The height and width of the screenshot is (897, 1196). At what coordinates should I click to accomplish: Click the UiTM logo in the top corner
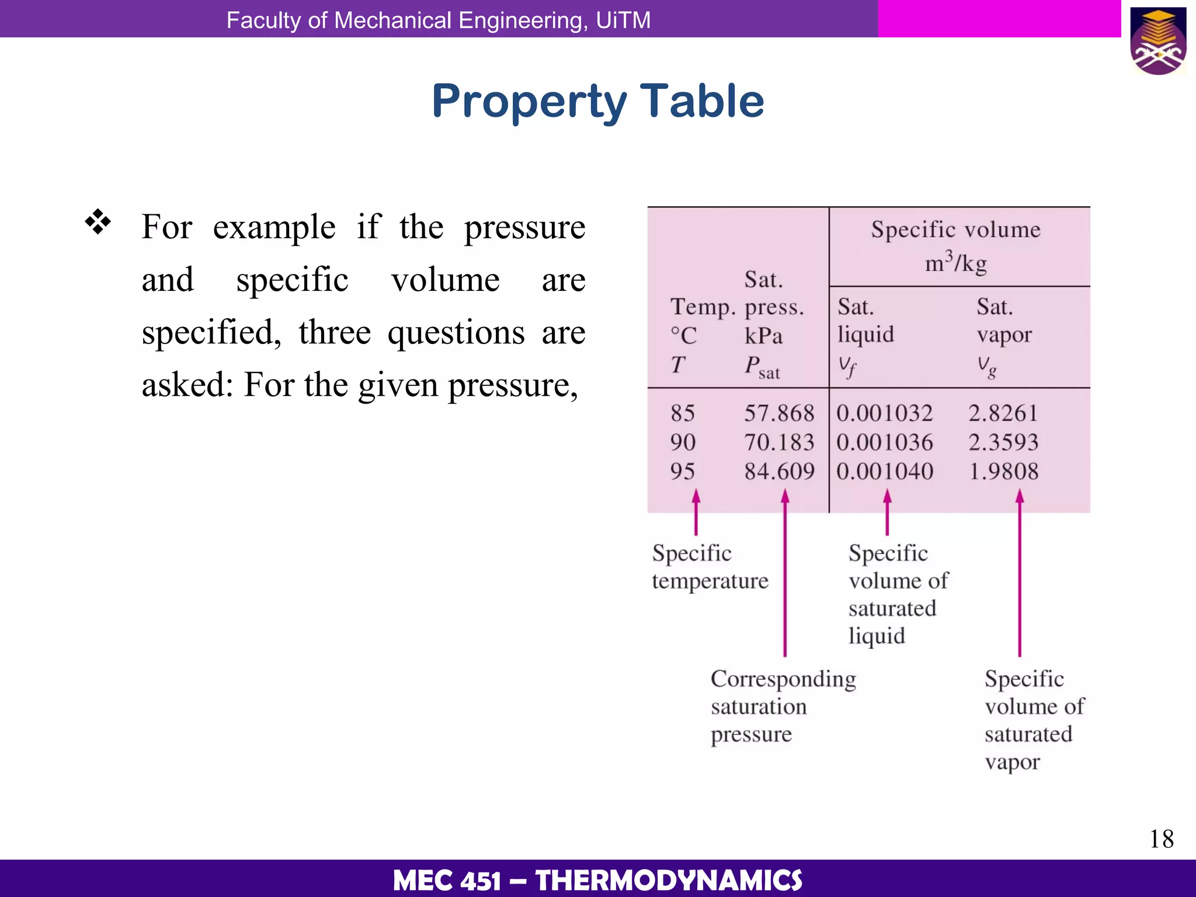tap(1159, 41)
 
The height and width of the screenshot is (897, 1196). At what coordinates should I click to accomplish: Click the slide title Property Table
tap(597, 102)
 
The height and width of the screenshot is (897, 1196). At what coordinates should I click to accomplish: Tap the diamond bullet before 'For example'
tap(98, 222)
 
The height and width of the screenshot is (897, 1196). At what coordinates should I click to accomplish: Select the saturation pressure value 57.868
tap(778, 413)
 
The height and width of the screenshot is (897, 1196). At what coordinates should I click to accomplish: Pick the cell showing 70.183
tap(778, 443)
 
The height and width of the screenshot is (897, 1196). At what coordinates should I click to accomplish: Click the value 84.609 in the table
tap(778, 471)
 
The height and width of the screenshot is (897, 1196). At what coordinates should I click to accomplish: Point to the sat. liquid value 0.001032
tap(884, 413)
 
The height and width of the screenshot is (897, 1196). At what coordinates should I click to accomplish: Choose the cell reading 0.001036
tap(884, 443)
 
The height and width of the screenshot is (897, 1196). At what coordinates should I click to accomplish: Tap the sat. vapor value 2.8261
tap(1003, 413)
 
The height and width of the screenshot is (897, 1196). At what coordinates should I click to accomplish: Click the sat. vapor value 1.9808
tap(1003, 471)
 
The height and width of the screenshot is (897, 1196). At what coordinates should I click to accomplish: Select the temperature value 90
tap(683, 443)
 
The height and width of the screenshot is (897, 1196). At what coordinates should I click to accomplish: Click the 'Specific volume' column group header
tap(955, 230)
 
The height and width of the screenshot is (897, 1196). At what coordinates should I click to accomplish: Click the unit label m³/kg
tap(955, 262)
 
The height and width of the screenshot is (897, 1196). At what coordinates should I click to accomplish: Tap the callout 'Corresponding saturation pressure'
tap(783, 706)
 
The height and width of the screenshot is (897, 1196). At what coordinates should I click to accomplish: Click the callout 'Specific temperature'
tap(710, 566)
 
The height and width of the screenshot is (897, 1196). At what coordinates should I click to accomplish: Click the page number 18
tap(1161, 839)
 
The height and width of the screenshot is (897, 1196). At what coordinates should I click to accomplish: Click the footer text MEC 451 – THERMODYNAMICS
tap(597, 880)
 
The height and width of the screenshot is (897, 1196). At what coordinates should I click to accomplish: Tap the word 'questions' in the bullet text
tap(456, 333)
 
